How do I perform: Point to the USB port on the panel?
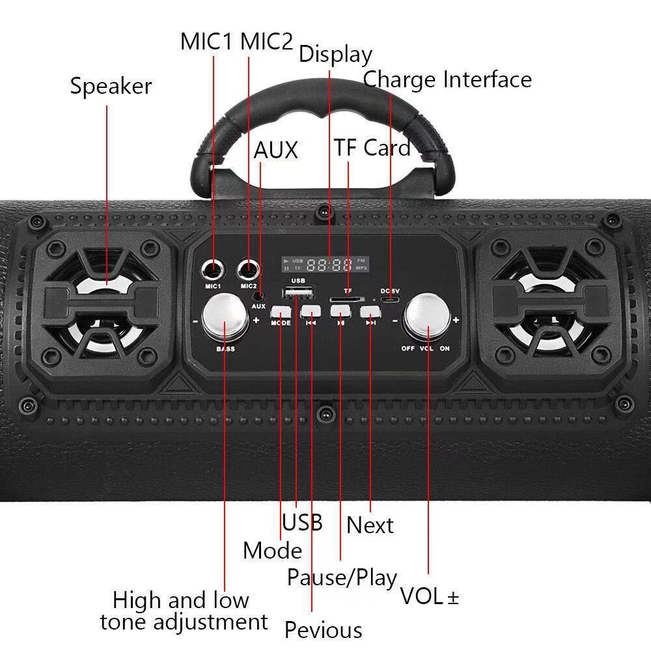298,292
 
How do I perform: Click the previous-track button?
311,311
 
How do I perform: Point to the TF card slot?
347,299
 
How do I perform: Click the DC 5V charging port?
390,299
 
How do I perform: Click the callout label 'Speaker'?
111,86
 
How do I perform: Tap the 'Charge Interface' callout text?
447,79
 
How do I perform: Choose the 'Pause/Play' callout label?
342,577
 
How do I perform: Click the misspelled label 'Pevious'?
323,630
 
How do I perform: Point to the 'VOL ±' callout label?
429,596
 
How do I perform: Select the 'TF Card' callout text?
372,148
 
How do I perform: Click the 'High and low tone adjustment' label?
183,611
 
